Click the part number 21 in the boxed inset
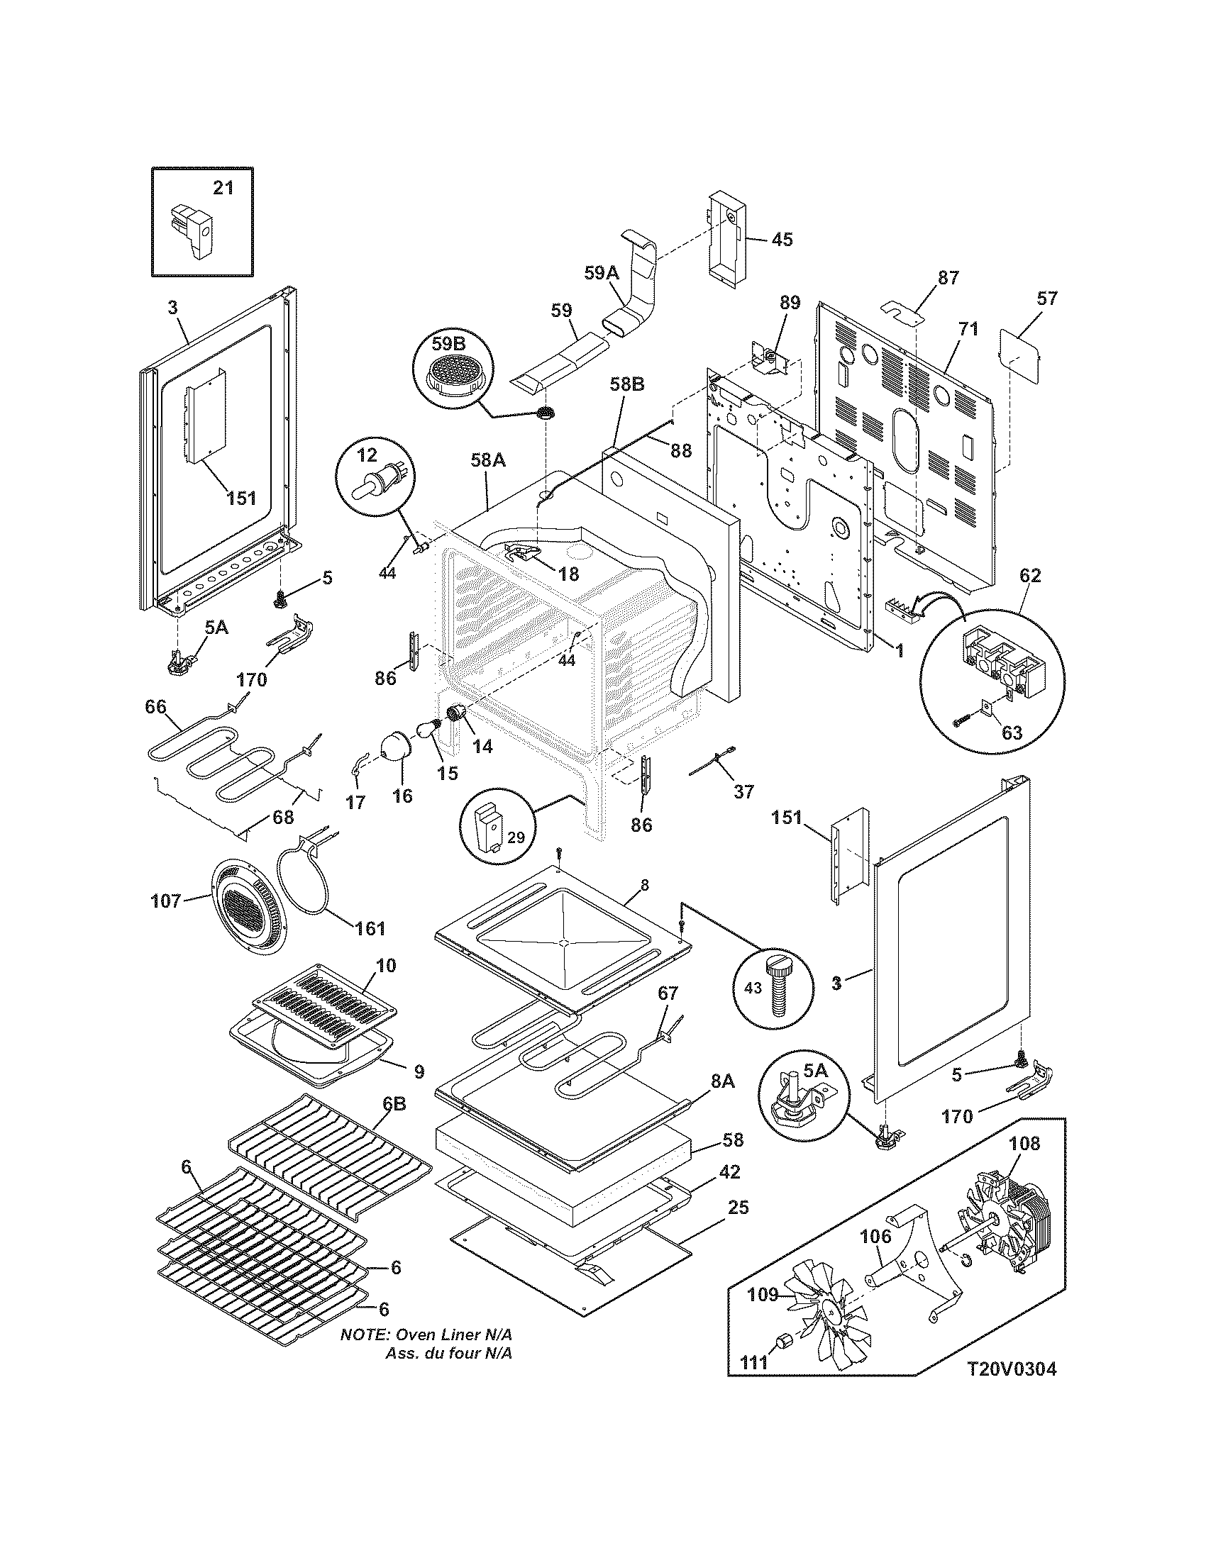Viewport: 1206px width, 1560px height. tap(223, 188)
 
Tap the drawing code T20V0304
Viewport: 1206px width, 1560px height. tap(1011, 1389)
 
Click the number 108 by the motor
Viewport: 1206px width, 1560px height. tap(1024, 1144)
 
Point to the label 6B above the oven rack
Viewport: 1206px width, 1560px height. tap(394, 1124)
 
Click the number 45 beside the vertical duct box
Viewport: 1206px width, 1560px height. tap(782, 239)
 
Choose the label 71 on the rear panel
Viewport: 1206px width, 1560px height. tap(968, 329)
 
